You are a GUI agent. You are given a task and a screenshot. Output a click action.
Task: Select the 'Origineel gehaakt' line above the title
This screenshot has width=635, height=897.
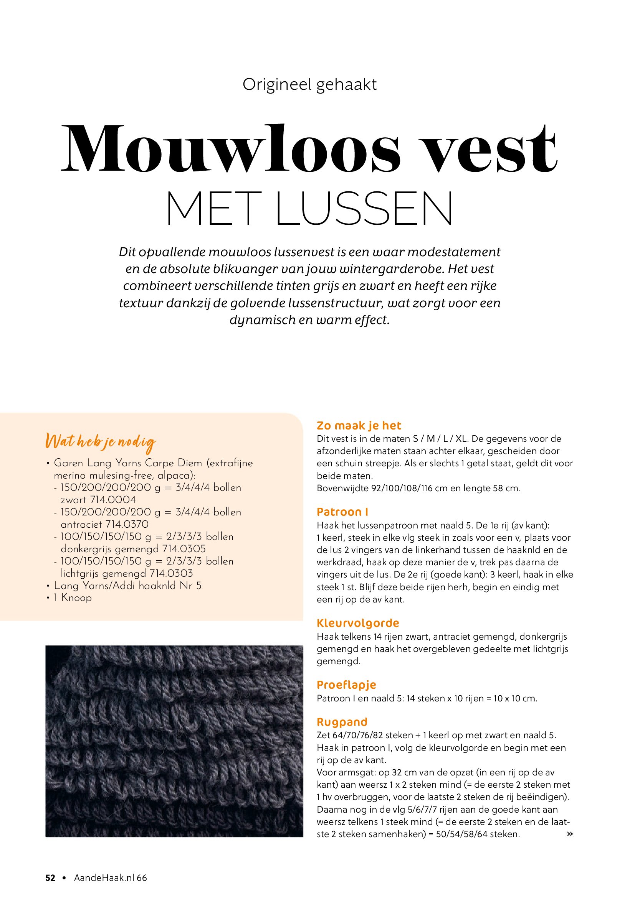309,84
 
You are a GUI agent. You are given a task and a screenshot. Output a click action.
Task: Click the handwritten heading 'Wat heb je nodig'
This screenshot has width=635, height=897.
101,441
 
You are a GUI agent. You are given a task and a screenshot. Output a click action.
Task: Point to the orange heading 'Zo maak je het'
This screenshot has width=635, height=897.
359,425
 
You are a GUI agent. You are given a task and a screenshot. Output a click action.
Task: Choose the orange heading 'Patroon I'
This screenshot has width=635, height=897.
342,512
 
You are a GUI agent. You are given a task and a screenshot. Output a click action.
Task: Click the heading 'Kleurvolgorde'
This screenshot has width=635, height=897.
358,623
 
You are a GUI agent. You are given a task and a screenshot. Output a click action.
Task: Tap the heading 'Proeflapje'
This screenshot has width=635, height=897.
346,685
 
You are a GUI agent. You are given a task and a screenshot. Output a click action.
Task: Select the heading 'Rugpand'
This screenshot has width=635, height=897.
342,722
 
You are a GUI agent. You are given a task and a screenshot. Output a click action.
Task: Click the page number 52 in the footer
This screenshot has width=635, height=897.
50,878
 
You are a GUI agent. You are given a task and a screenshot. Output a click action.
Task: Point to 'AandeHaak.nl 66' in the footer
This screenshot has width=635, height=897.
110,878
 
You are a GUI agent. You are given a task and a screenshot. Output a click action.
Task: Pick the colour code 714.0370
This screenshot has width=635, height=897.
127,524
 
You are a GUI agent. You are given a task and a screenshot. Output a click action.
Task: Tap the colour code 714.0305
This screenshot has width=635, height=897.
184,548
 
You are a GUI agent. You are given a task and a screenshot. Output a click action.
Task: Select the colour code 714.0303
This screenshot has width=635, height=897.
171,573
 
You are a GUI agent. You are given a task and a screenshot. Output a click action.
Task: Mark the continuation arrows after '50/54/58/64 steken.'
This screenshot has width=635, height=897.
570,834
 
